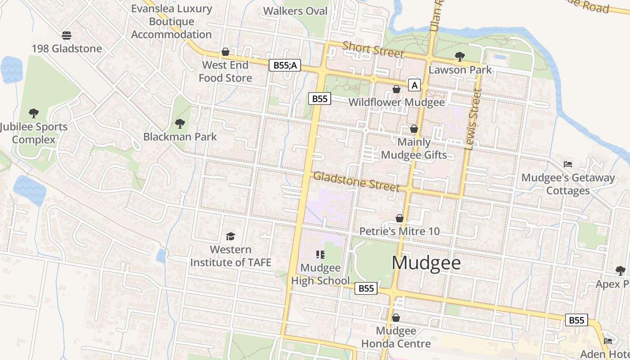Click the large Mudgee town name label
426,263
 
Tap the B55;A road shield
286,65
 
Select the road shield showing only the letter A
414,85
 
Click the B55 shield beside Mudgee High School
366,288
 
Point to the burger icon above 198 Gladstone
67,35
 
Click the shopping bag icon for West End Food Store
225,52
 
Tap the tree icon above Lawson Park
459,57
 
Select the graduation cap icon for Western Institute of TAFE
230,236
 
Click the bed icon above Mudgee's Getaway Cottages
568,164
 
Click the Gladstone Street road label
356,181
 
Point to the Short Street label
373,49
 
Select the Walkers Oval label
295,11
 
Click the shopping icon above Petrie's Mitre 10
399,218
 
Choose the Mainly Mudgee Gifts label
414,148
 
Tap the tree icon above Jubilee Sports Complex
33,113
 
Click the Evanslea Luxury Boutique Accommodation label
171,21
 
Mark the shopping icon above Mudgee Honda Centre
396,318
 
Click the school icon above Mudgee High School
320,255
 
